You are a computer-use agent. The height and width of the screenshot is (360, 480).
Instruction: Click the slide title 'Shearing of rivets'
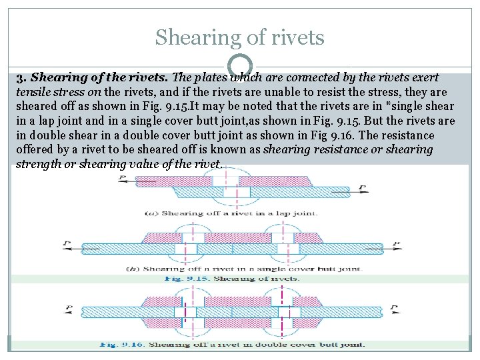[x=239, y=37]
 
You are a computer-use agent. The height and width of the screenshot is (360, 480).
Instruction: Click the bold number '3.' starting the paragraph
[x=21, y=78]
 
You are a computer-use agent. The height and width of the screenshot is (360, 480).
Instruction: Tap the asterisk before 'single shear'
[x=378, y=107]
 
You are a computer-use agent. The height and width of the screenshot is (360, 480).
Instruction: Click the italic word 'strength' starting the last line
[x=39, y=164]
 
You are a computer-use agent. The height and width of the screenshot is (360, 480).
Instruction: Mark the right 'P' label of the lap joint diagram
[x=361, y=187]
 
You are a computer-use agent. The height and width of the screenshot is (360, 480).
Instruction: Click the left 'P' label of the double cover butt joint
[x=69, y=309]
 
